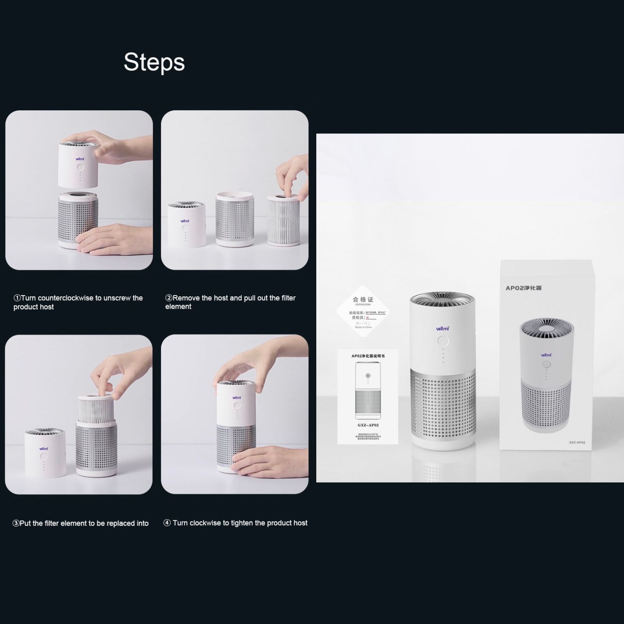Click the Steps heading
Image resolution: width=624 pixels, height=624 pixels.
click(154, 62)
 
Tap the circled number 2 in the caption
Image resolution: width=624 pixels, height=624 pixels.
click(168, 298)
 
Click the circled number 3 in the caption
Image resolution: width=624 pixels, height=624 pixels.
click(16, 523)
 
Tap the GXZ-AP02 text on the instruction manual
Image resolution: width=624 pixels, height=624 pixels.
click(368, 425)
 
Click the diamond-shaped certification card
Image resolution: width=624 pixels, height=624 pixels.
click(363, 312)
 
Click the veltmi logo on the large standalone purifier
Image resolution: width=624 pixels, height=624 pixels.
click(443, 329)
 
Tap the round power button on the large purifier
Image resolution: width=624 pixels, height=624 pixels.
click(443, 341)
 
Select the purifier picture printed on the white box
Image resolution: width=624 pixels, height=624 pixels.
click(546, 374)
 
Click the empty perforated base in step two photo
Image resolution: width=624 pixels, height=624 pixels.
click(235, 220)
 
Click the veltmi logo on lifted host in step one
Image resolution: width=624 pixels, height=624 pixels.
click(80, 159)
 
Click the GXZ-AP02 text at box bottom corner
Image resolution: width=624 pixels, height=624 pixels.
click(577, 443)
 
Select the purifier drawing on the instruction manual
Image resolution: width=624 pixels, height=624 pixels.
click(368, 390)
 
